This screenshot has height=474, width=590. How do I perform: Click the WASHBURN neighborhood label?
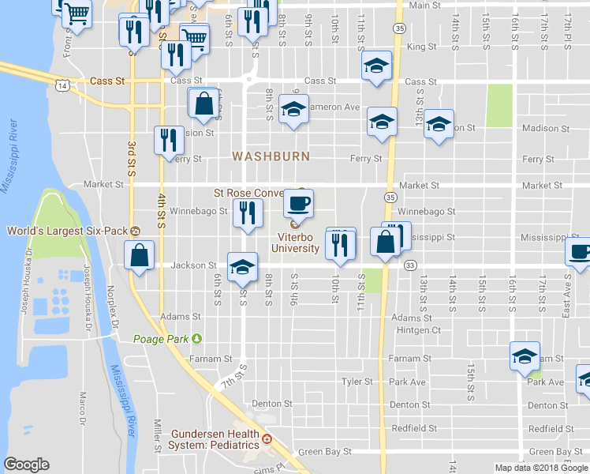pos(271,156)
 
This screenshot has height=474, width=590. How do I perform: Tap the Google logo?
pos(26,465)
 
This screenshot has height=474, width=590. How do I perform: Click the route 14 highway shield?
pos(61,83)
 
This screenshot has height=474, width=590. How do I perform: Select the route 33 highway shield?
pos(409,266)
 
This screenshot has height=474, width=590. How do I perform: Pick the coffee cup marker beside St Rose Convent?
pos(298,205)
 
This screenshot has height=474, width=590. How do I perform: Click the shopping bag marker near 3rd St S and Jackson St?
pos(139,256)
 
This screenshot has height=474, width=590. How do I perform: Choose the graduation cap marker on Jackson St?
pos(242,267)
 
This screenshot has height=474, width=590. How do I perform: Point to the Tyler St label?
pos(357,382)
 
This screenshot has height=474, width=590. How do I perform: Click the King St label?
pos(422,47)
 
